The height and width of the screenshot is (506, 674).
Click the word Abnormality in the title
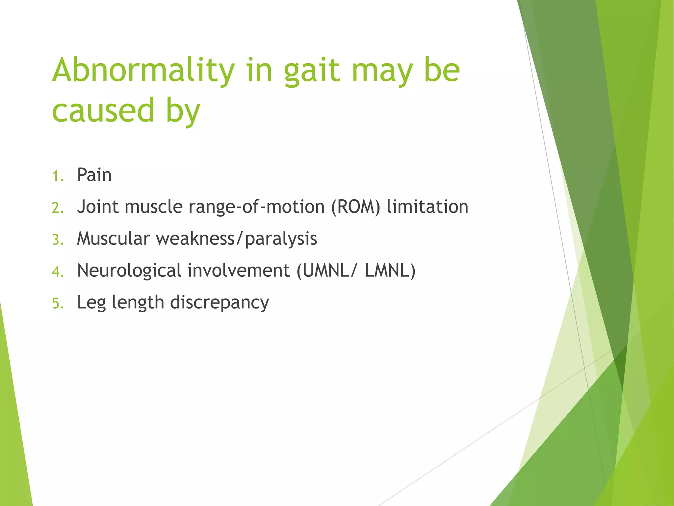pos(143,70)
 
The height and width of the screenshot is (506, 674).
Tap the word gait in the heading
pos(311,71)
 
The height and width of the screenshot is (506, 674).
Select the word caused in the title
pos(103,110)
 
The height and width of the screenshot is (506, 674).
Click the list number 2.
pos(57,208)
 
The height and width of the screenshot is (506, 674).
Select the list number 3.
pos(57,239)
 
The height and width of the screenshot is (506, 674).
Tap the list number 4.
pos(57,271)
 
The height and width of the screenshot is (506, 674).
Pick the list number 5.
pos(57,303)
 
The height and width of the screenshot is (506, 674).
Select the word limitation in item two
pos(427,207)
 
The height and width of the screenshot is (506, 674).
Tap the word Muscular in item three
pos(113,238)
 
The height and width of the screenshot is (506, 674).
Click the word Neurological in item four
pos(129,270)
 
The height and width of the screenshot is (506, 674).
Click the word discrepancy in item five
pos(220,302)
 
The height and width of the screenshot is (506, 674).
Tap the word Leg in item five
pos(91,302)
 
